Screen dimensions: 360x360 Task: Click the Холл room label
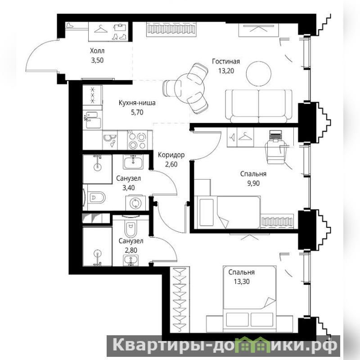click(x=97, y=50)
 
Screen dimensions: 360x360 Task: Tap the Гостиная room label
click(x=226, y=61)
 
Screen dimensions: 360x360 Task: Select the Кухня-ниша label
click(x=137, y=103)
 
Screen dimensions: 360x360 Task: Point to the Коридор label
click(x=171, y=155)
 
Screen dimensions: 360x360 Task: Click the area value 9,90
click(x=253, y=184)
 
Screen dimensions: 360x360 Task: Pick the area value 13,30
click(x=242, y=282)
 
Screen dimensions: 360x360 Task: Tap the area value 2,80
click(x=131, y=250)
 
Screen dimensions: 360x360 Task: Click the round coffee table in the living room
click(x=258, y=73)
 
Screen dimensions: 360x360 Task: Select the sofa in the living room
click(x=258, y=106)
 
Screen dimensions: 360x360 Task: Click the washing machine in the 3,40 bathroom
click(x=135, y=203)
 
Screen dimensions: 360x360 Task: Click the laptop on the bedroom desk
click(x=275, y=135)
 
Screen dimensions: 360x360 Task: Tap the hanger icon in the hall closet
click(x=101, y=29)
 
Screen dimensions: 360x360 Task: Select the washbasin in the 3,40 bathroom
click(x=133, y=162)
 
